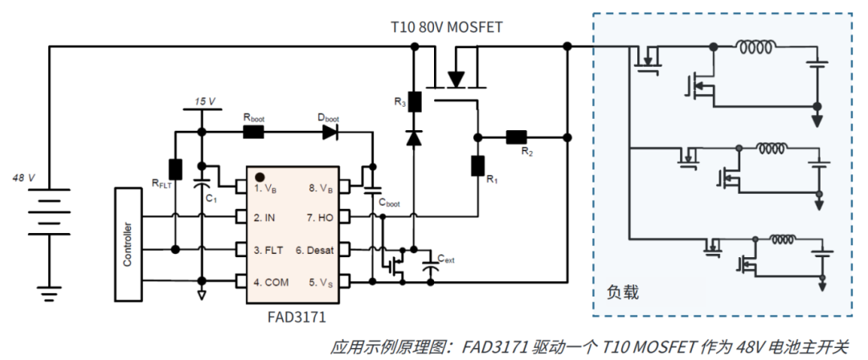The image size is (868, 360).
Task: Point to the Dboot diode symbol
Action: [330, 132]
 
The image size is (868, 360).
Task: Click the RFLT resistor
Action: [175, 170]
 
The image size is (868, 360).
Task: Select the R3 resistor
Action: [415, 102]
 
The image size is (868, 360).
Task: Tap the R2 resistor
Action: [515, 137]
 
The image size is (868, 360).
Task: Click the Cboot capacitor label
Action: [387, 204]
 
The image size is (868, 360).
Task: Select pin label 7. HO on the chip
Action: [318, 218]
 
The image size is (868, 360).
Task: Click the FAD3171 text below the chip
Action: [296, 317]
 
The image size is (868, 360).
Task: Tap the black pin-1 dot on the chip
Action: [260, 176]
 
